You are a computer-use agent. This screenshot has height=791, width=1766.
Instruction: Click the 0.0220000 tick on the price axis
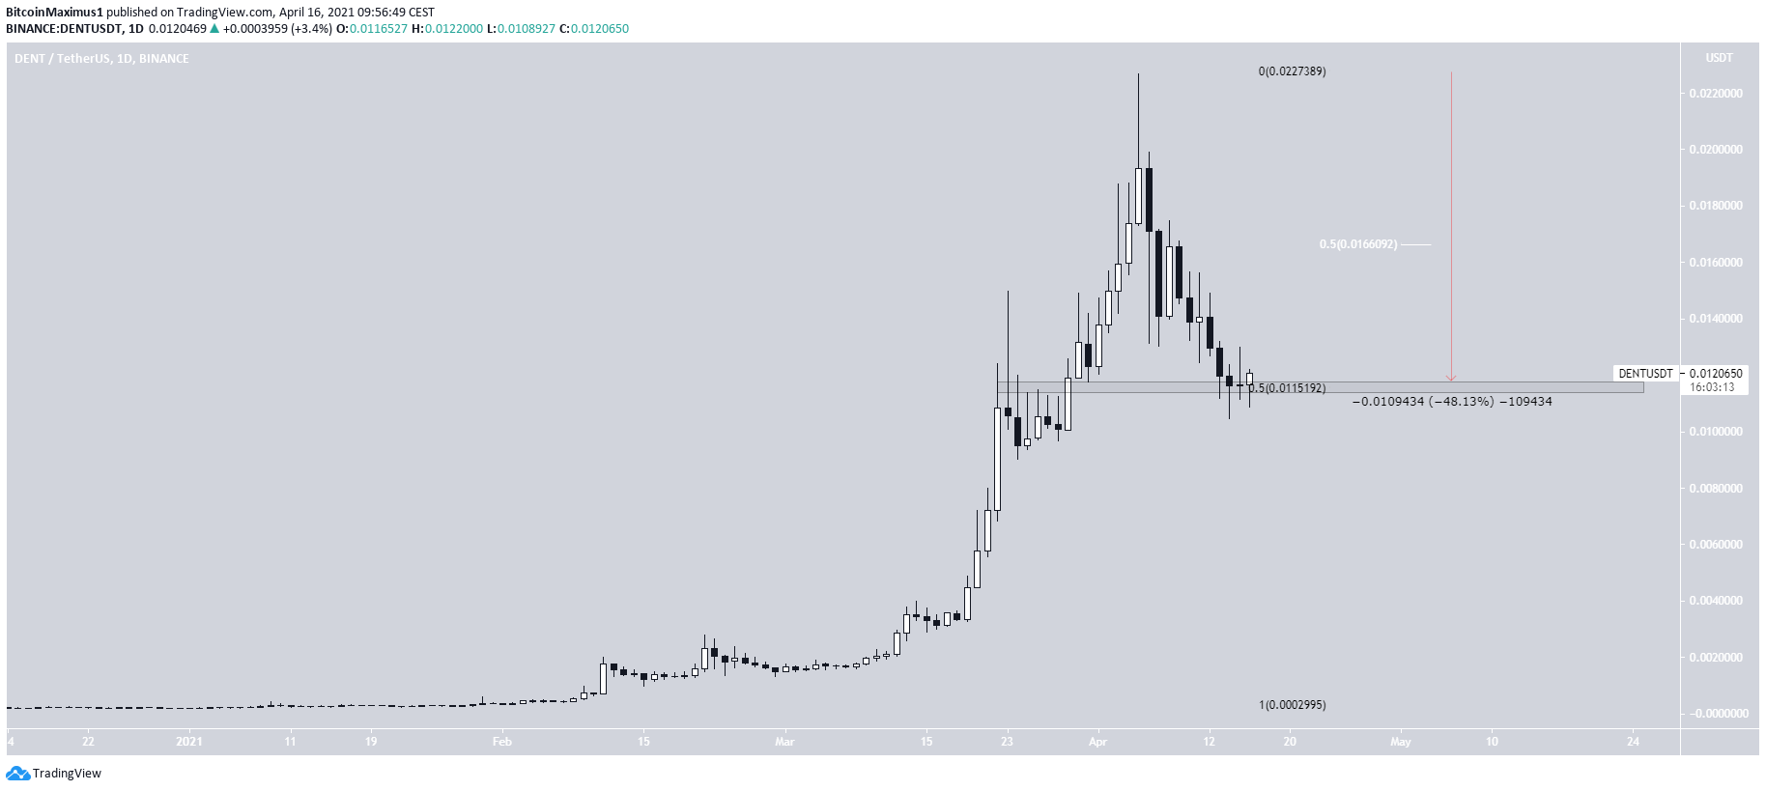1716,94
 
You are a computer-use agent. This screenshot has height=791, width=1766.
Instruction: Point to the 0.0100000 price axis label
1716,432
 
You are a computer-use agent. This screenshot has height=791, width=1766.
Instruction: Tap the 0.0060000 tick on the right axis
1716,545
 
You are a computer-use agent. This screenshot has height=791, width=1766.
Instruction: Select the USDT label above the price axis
1719,58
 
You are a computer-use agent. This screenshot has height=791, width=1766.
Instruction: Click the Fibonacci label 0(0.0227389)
1292,71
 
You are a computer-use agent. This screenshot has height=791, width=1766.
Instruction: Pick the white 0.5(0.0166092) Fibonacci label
1357,244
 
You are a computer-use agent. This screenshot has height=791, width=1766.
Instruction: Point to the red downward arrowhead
1450,378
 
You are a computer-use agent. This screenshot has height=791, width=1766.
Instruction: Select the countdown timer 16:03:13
1712,387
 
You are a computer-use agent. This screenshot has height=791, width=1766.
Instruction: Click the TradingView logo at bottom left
54,773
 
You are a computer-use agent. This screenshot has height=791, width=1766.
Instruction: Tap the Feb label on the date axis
501,742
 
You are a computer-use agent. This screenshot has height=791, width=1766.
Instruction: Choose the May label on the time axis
1400,742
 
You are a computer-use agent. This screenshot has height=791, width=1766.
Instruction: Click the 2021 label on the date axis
189,742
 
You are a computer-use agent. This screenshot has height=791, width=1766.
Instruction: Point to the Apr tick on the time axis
1097,742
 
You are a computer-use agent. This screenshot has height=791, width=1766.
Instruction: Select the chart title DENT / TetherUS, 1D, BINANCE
101,59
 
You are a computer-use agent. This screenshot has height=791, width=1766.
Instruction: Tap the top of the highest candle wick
1138,74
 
